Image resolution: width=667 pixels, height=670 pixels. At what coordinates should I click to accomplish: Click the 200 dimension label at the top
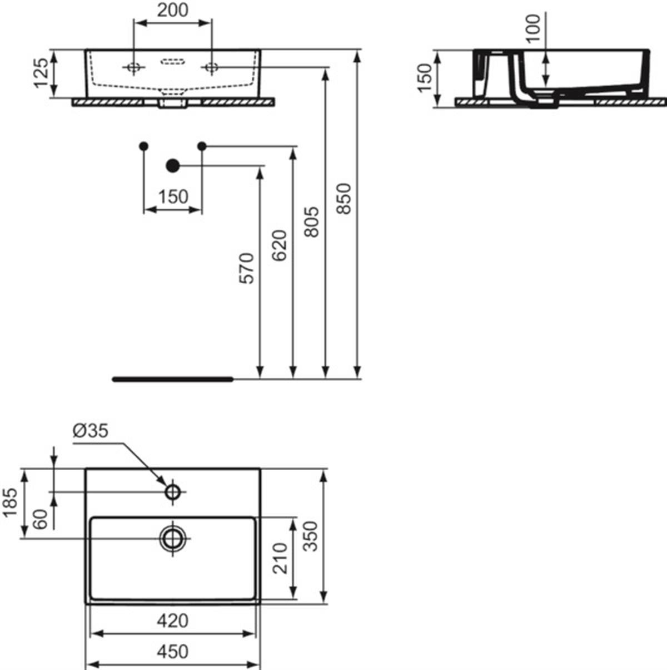pos(173,10)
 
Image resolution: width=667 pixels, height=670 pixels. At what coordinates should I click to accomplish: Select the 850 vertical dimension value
pos(344,199)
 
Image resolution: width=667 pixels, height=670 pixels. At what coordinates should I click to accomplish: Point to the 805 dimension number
pos(311,222)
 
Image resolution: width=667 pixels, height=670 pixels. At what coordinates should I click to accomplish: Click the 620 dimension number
pos(279,245)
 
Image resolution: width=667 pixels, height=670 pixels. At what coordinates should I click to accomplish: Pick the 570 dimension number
pos(247,268)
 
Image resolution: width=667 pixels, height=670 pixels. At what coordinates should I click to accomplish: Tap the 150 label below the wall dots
pos(173,197)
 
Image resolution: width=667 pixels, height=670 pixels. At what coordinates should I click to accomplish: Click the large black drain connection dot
pos(173,166)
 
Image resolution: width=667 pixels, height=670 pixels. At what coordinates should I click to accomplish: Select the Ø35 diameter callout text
pos(90,431)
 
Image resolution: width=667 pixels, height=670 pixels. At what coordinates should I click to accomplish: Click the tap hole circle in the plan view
pos(173,491)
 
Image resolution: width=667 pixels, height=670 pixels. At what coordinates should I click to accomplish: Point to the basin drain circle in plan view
pos(173,538)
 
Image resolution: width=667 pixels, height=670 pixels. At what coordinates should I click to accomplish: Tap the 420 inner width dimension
pos(173,620)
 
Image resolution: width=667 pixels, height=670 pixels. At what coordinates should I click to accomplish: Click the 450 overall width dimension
pos(173,652)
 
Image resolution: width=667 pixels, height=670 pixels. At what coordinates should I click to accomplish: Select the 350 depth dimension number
pos(311,536)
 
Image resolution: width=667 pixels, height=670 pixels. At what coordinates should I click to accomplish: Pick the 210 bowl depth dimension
pos(280,558)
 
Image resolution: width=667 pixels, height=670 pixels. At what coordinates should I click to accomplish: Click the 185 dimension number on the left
pos(10,503)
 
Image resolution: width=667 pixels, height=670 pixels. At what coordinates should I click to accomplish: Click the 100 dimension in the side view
pos(534,28)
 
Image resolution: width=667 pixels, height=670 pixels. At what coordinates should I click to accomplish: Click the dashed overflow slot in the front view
pos(173,62)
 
